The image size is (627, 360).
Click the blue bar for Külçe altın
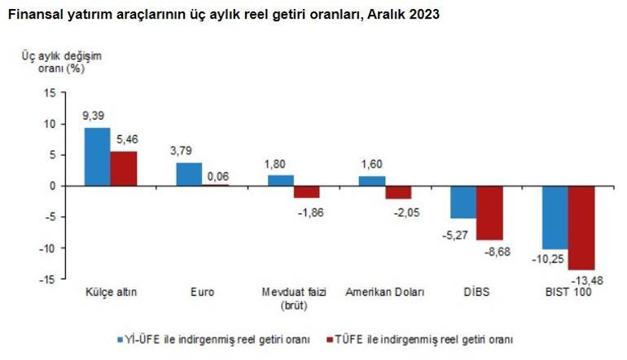[x=97, y=156]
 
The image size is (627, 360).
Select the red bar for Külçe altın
[x=124, y=169]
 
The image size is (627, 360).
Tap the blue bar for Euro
[x=189, y=174]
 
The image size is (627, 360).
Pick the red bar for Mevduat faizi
[x=307, y=191]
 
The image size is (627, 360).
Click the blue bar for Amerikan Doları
[x=372, y=181]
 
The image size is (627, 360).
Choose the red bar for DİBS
[x=490, y=213]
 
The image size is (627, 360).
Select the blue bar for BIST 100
[x=555, y=217]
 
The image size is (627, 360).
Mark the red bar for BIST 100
[x=582, y=227]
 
